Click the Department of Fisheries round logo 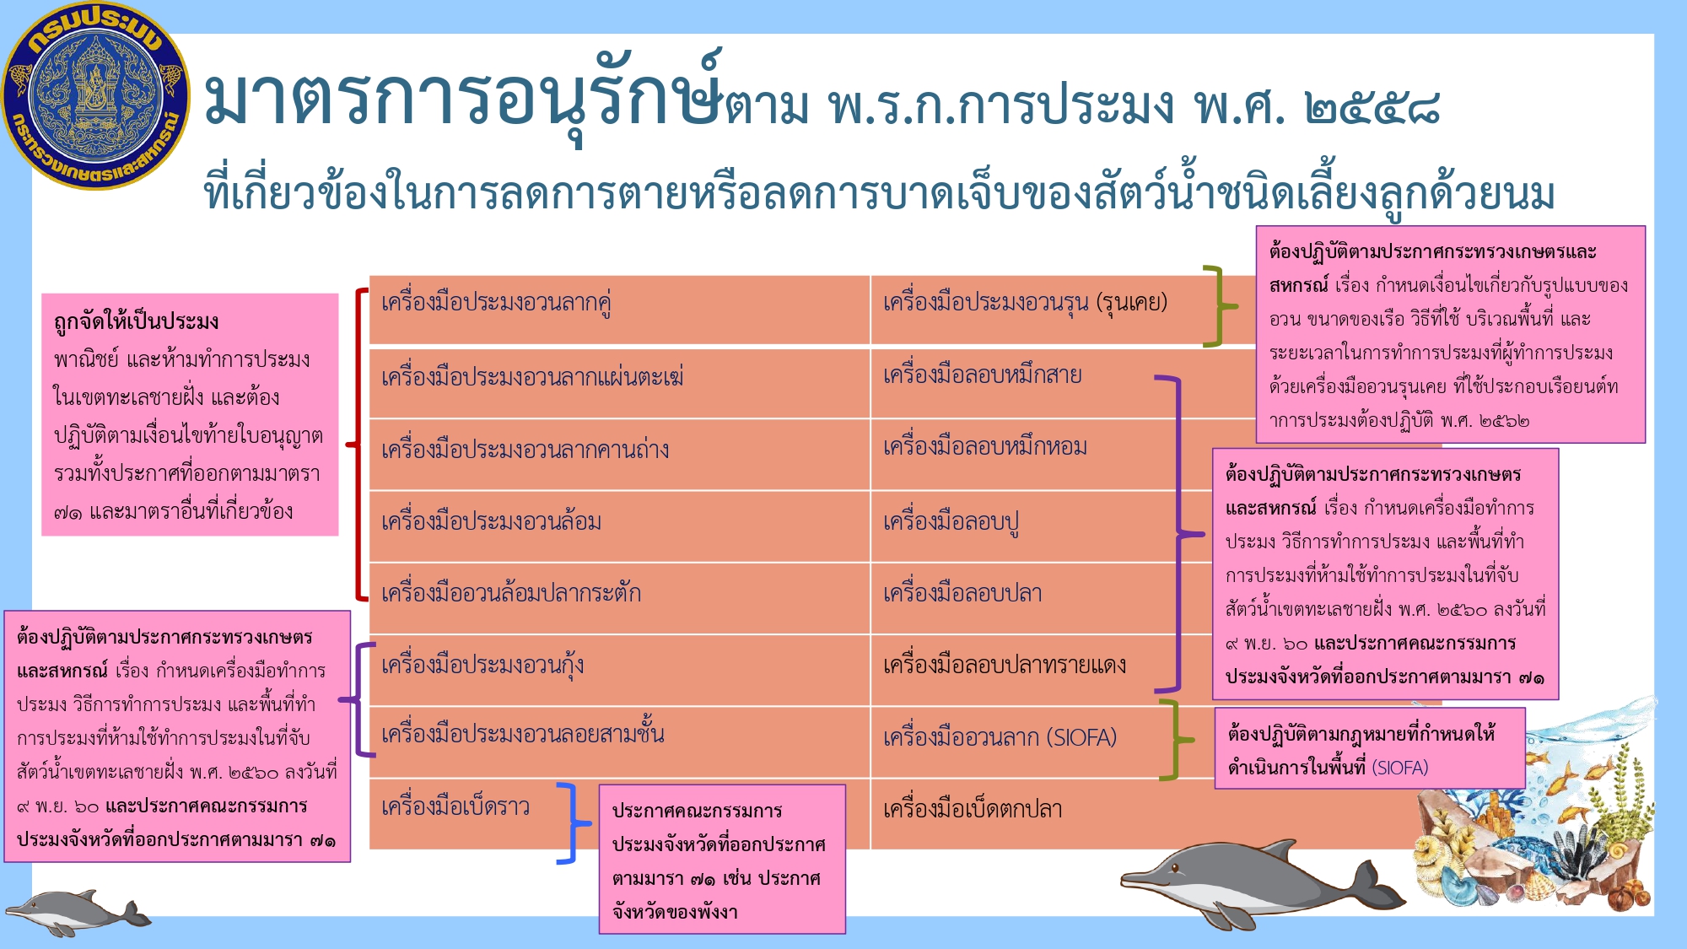point(96,95)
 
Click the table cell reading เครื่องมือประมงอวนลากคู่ point(620,310)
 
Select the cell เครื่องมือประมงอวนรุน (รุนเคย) point(1063,310)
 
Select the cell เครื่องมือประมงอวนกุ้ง point(620,670)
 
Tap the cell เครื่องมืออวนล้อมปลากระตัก point(620,598)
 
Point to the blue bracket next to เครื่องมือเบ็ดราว point(574,823)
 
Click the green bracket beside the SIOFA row point(1177,740)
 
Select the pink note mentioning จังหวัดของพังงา point(722,859)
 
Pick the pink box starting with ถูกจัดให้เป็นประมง point(190,414)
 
